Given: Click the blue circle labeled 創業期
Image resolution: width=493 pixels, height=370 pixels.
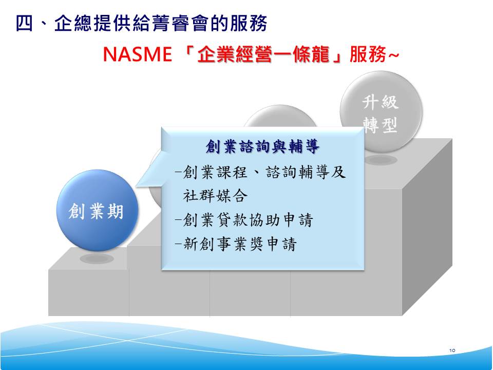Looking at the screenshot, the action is [x=97, y=210].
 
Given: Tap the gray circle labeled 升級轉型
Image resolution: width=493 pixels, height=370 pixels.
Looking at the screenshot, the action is [x=381, y=112].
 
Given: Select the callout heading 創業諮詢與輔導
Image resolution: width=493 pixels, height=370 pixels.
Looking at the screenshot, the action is [x=262, y=146].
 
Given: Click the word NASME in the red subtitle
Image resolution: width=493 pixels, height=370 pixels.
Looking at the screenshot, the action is [x=138, y=54].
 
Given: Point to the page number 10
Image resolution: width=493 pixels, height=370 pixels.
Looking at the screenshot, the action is [x=452, y=350].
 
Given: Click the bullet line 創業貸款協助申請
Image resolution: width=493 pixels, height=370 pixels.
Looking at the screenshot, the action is [x=244, y=220].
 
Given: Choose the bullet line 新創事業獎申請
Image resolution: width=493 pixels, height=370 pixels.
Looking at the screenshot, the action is [x=236, y=244].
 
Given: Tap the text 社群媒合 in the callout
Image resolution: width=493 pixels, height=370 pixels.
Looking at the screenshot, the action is [x=215, y=196].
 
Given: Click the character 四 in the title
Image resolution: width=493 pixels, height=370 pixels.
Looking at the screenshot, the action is [x=24, y=24].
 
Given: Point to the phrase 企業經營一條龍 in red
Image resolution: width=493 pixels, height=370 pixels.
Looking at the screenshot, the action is [x=263, y=54].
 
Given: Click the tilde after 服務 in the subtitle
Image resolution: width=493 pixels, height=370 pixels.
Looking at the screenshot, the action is [x=394, y=55].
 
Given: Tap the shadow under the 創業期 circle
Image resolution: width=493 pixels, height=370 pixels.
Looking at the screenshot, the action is [x=97, y=258].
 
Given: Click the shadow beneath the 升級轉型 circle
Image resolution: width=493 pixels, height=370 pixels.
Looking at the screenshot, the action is [x=381, y=159].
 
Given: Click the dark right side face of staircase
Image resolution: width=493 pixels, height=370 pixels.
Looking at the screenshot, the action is [x=427, y=227].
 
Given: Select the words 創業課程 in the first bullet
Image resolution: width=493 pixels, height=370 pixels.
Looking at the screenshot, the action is [x=215, y=172].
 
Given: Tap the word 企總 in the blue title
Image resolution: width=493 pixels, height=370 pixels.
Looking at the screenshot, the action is [x=73, y=24].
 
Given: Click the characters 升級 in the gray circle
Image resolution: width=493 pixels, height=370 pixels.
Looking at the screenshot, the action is [x=381, y=102].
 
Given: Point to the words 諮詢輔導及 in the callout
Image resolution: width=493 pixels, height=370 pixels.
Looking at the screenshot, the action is [x=306, y=172].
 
